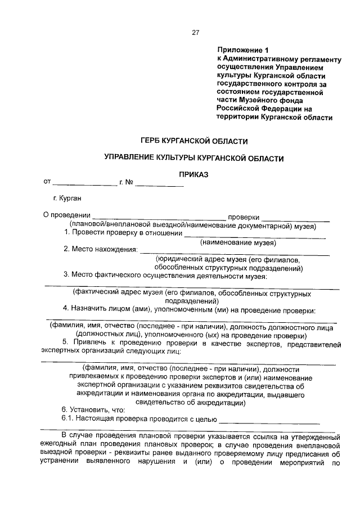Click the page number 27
[x=196, y=32]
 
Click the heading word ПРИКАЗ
[x=194, y=175]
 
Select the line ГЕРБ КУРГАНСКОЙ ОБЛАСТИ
[x=194, y=141]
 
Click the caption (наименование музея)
[x=238, y=243]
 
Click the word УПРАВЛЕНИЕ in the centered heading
[x=132, y=159]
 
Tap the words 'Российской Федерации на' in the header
[x=263, y=109]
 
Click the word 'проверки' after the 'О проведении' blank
[x=243, y=216]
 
